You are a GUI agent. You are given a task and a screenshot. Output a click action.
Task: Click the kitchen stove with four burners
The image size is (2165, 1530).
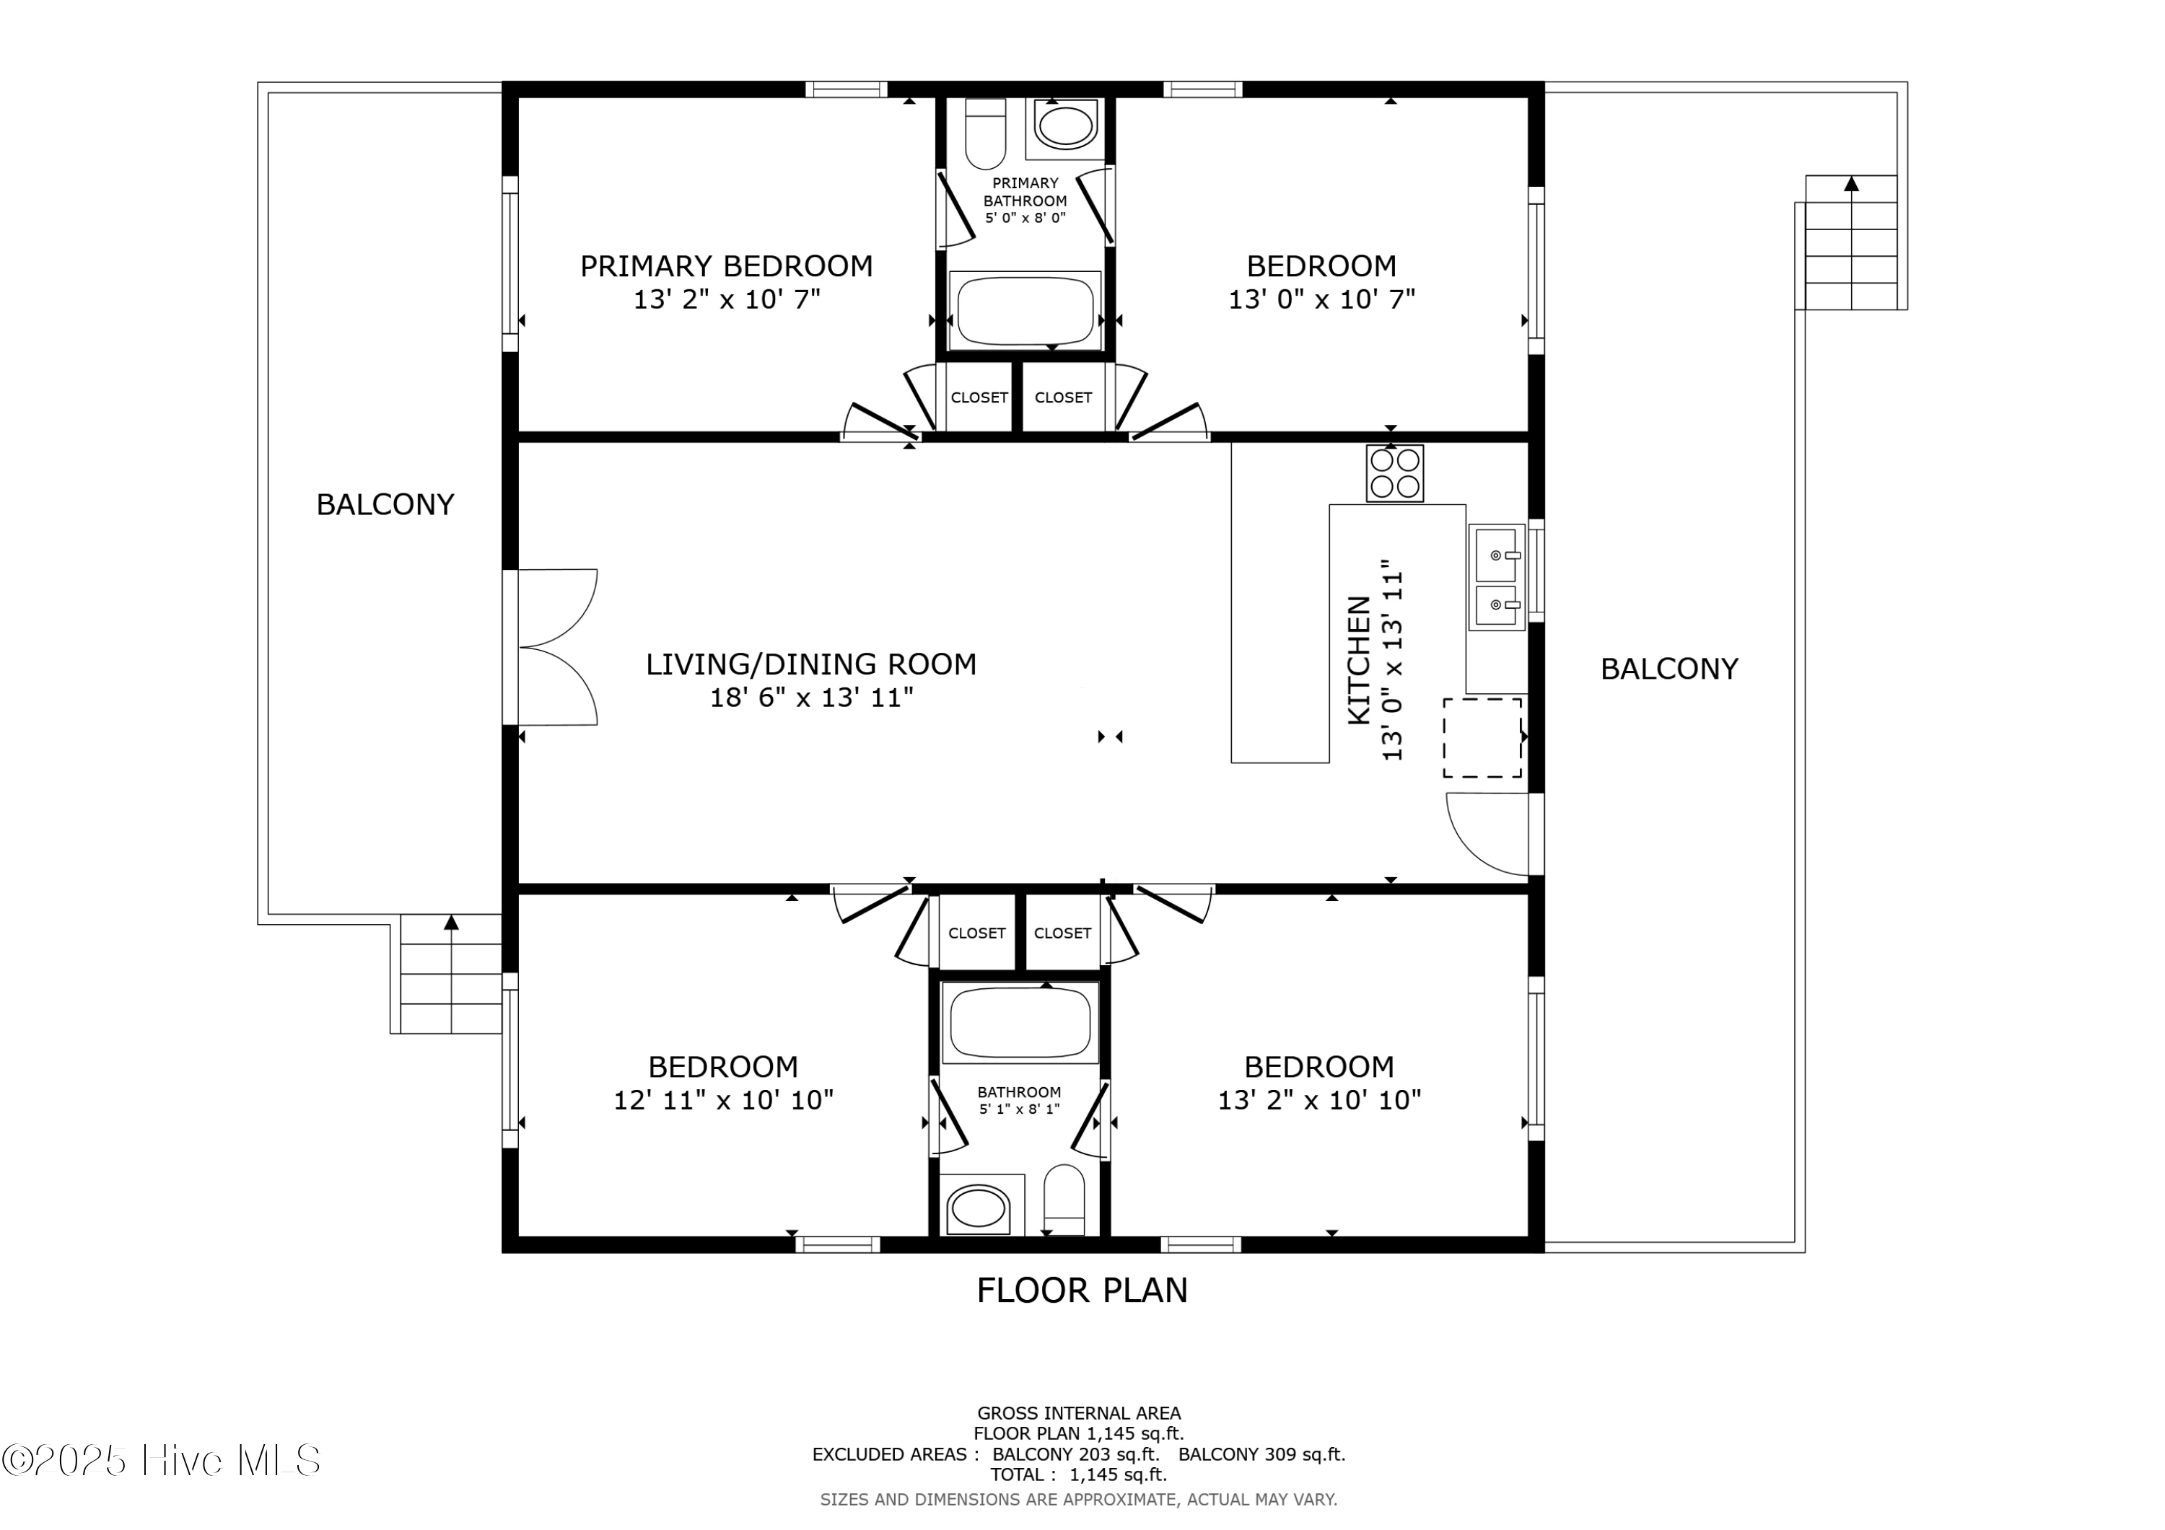point(1394,473)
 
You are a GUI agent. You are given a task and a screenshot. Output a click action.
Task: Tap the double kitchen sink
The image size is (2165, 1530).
point(1497,577)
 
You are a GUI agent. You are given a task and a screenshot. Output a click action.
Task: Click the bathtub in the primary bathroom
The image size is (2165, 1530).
point(1025,309)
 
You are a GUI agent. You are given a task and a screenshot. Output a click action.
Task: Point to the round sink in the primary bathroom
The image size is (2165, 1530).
point(1065,126)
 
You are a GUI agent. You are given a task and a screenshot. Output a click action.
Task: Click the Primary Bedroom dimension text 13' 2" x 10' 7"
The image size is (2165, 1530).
point(727,300)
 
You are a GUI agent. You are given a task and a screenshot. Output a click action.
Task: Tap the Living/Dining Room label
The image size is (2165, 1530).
point(811,664)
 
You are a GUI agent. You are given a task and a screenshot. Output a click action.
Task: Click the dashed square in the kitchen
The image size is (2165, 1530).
point(1482,738)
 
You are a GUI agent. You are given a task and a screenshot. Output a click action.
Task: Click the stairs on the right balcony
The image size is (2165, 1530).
point(1850,242)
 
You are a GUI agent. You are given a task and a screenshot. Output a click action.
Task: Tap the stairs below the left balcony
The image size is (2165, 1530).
point(451,974)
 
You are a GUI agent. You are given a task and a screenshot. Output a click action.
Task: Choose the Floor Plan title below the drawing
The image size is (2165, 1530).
point(1082,1291)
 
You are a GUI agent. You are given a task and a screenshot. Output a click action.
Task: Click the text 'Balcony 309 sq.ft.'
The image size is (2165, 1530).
point(1261,1454)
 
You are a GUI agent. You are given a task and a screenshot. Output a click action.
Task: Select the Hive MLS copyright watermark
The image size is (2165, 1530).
point(161,1460)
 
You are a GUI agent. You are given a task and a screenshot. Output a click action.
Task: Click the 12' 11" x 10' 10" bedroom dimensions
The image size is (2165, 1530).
point(724,1101)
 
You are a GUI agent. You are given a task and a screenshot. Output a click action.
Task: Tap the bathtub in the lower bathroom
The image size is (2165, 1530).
point(1020,1024)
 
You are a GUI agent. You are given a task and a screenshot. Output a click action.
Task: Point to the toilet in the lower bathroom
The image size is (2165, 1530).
point(1064,1200)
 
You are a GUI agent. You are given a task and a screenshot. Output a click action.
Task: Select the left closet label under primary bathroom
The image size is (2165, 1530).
point(979,397)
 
